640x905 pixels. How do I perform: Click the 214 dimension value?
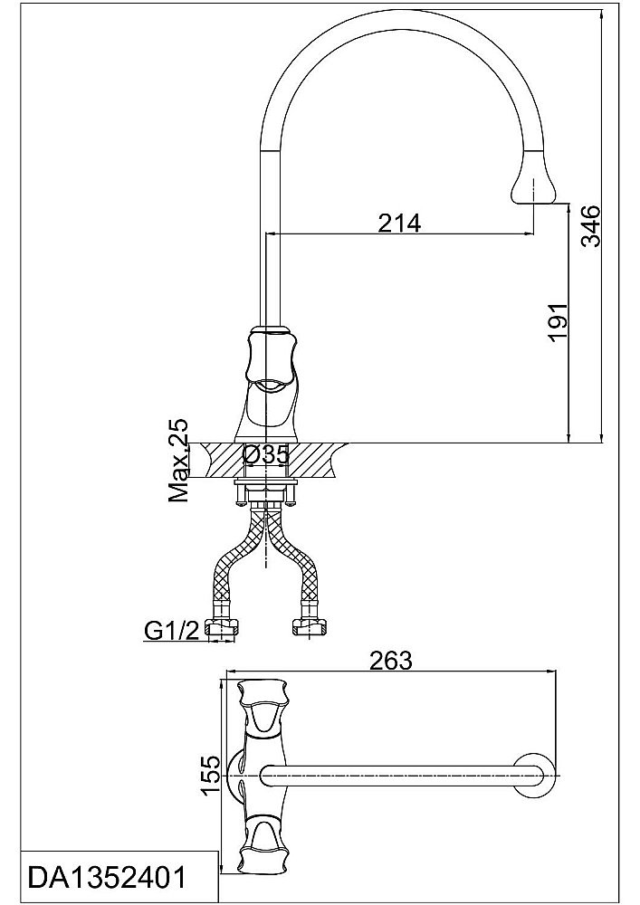coord(399,222)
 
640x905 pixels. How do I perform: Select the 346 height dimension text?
coord(591,225)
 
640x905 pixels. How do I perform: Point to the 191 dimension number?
coord(558,321)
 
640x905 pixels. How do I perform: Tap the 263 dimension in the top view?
coord(391,661)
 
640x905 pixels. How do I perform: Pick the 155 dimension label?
coord(210,775)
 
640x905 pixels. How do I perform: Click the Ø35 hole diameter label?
coord(265,455)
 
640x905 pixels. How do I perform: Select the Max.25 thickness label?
coord(178,461)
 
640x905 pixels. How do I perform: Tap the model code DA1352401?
coord(108,878)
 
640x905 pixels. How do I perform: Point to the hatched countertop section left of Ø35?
coord(217,459)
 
